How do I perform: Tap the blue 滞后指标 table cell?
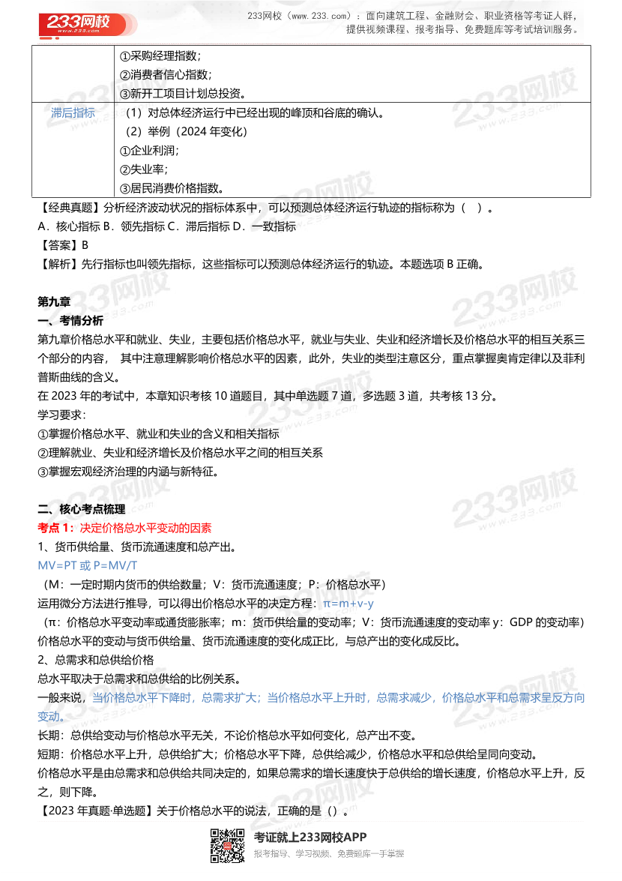[x=73, y=112]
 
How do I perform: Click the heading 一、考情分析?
[x=70, y=320]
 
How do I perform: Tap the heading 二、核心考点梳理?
[x=81, y=509]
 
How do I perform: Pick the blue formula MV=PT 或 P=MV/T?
[x=88, y=565]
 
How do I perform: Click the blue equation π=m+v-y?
[x=348, y=603]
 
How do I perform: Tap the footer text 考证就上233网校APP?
[x=310, y=838]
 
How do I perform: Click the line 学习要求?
[x=62, y=415]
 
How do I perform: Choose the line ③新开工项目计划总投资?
[x=183, y=94]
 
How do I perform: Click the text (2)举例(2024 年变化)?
[x=186, y=131]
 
